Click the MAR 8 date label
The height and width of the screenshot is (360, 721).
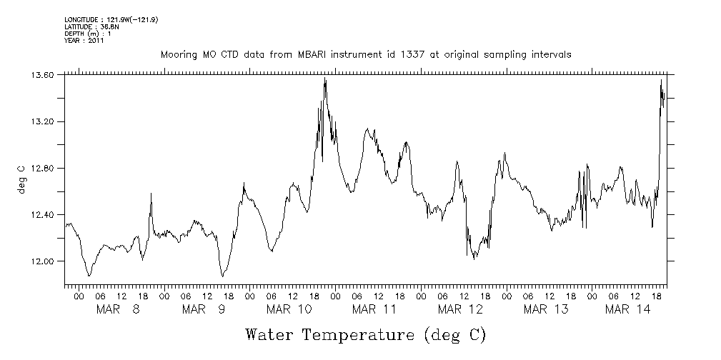coord(117,309)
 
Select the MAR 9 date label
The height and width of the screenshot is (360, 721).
coord(203,309)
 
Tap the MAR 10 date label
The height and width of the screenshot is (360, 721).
coord(289,309)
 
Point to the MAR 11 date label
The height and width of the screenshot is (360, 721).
coord(374,309)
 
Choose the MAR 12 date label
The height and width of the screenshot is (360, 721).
coord(460,309)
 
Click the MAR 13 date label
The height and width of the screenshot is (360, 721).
coord(546,309)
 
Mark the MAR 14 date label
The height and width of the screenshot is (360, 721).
coord(627,309)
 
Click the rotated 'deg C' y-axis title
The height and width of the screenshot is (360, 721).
coord(21,178)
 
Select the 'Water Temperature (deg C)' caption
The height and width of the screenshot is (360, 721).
coord(365,334)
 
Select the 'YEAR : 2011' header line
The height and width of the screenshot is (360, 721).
coord(84,41)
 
